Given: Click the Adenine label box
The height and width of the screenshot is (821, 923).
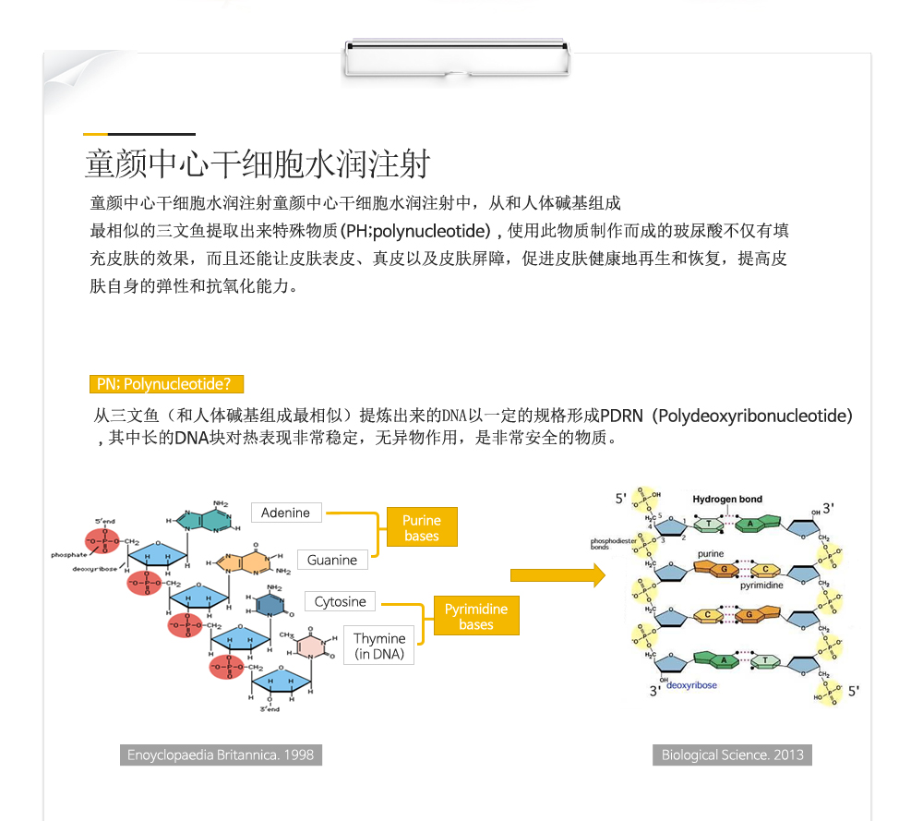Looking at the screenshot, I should (x=286, y=513).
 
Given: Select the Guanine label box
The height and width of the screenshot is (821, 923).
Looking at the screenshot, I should (x=332, y=560).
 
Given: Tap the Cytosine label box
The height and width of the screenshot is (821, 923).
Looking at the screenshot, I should (x=341, y=602).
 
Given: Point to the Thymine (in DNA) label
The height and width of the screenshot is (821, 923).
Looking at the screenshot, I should (x=379, y=646).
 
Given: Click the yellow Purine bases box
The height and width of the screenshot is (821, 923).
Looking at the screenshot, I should (x=422, y=528).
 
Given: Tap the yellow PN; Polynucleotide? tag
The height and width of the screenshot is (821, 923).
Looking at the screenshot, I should (x=163, y=384).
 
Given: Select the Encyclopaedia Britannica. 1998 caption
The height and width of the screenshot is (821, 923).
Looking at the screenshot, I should (x=221, y=755).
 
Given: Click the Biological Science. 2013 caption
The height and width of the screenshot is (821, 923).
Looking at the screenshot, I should (x=732, y=755).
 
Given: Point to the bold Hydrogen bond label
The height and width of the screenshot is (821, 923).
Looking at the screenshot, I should (x=727, y=500).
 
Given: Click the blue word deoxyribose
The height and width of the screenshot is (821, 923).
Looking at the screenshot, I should (x=691, y=685).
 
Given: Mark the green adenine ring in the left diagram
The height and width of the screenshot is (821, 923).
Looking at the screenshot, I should (x=205, y=520).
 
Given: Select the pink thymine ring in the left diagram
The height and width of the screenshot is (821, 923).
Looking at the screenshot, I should (x=314, y=645).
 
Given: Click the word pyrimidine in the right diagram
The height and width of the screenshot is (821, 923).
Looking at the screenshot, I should (x=761, y=586).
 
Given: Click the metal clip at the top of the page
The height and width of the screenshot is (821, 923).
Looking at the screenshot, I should (x=457, y=57).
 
